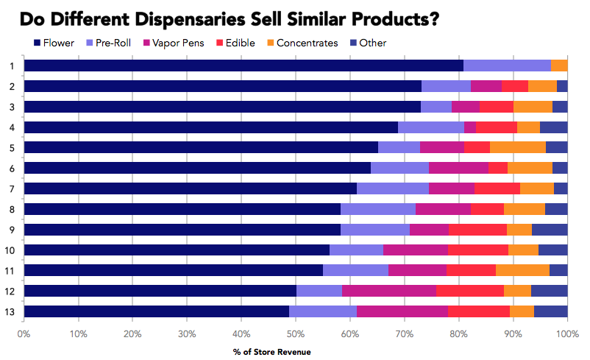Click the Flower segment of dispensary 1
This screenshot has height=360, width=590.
(244, 66)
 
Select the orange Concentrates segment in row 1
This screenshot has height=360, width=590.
(559, 66)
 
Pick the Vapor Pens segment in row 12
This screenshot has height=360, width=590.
(389, 291)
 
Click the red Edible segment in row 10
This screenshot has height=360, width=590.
(478, 250)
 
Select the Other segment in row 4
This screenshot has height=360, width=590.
(553, 127)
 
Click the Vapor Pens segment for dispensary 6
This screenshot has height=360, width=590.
(458, 167)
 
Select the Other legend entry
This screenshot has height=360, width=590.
(373, 43)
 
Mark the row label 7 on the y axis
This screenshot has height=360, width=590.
(12, 188)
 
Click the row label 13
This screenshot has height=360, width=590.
(10, 311)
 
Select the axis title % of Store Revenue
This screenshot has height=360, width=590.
(276, 351)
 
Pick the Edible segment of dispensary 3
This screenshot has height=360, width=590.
(497, 107)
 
